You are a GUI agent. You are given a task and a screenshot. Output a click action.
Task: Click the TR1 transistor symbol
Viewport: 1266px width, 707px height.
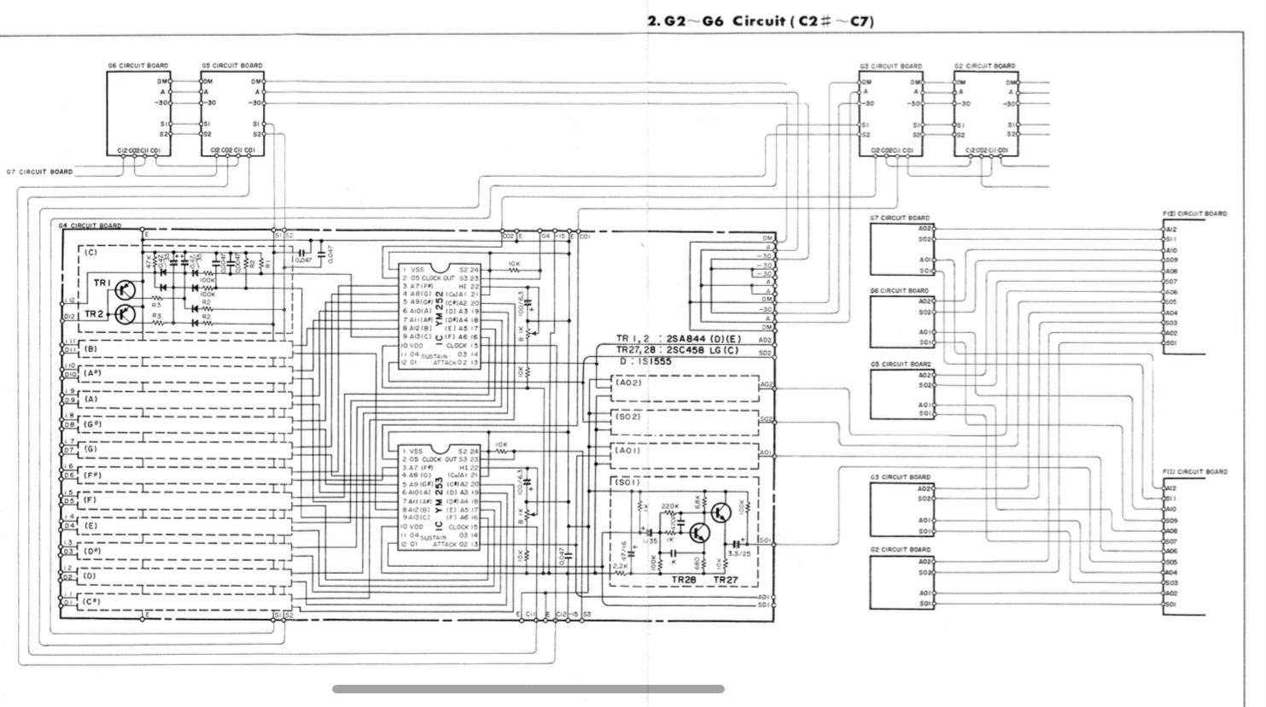pyautogui.click(x=125, y=289)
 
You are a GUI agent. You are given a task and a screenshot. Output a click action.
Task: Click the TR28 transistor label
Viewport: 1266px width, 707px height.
pyautogui.click(x=684, y=579)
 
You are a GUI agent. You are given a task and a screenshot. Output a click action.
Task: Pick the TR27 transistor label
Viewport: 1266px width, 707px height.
pyautogui.click(x=725, y=579)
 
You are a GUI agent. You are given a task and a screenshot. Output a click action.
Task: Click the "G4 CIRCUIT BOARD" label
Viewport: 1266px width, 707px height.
pyautogui.click(x=90, y=226)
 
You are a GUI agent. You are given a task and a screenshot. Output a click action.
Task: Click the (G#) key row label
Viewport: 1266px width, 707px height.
pyautogui.click(x=91, y=424)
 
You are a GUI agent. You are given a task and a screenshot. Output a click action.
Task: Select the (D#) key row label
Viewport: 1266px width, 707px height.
pyautogui.click(x=91, y=551)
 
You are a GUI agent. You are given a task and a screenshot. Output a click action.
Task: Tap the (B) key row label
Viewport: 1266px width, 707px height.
pyautogui.click(x=90, y=348)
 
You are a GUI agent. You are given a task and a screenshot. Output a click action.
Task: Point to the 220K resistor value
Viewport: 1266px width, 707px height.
pyautogui.click(x=669, y=506)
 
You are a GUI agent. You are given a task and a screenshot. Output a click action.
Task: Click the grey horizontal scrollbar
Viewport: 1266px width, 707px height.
pyautogui.click(x=528, y=689)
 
